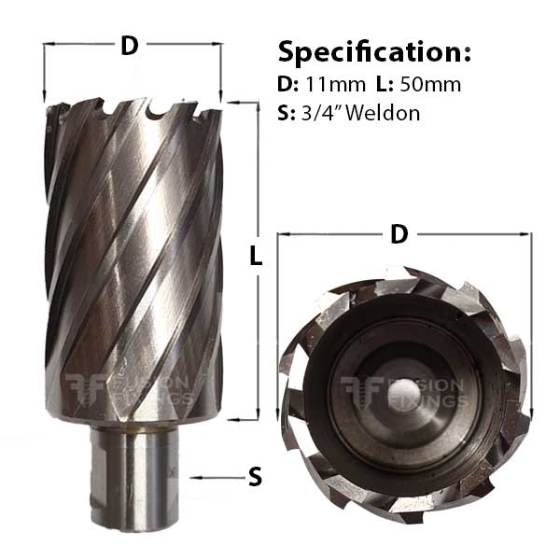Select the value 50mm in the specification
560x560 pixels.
[x=430, y=84]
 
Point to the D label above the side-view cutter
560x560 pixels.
[x=130, y=44]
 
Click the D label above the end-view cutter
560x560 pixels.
[x=399, y=236]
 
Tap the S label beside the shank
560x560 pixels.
[x=254, y=477]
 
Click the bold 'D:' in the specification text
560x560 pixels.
[x=288, y=84]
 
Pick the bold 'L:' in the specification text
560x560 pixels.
[x=384, y=84]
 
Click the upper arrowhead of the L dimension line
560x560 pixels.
[x=256, y=104]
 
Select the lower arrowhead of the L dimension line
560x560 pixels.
[x=256, y=418]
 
